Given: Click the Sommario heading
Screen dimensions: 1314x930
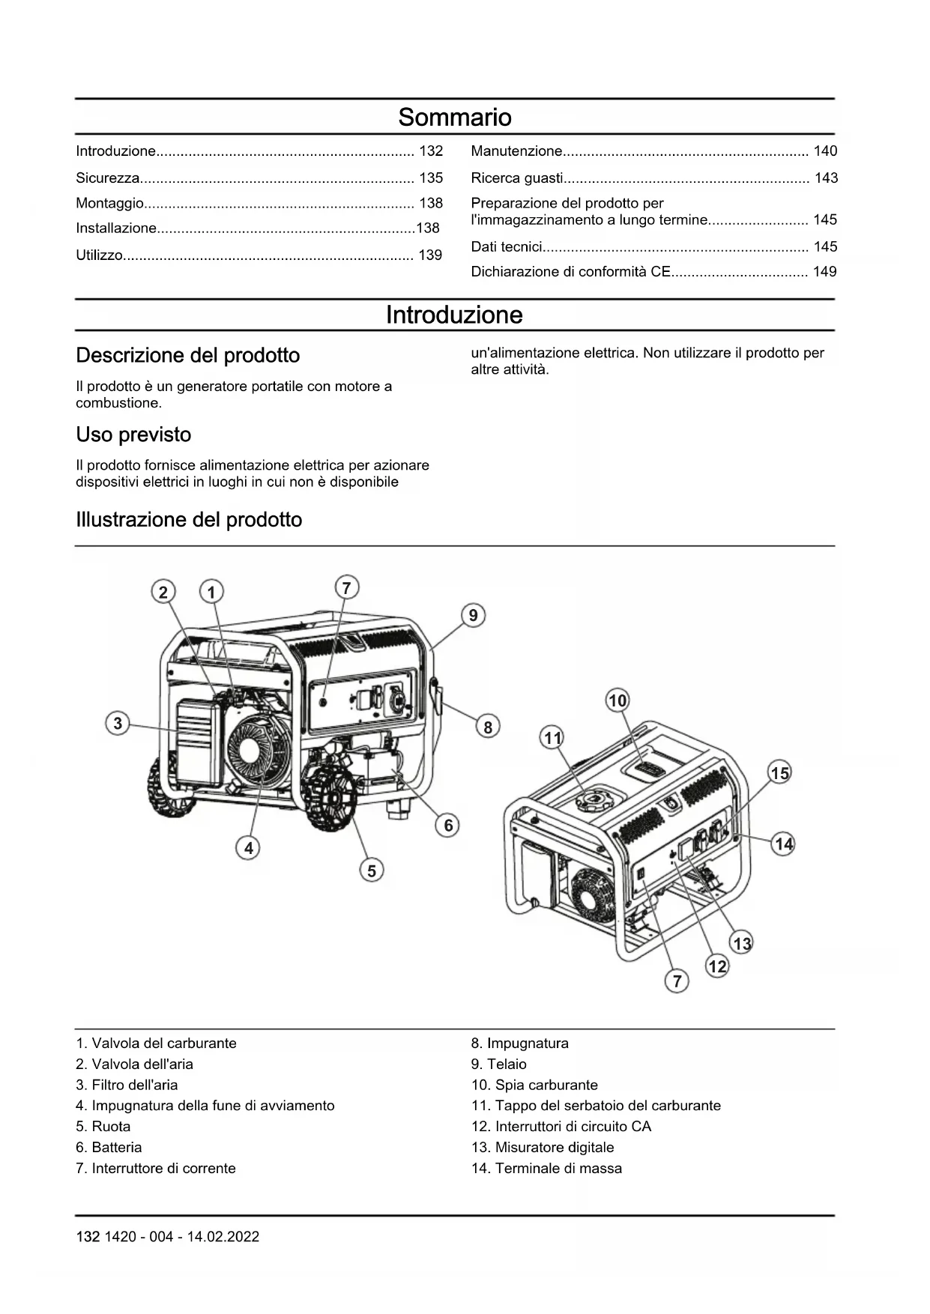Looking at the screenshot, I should [x=454, y=117].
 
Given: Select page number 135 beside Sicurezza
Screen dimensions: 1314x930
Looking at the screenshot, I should [x=431, y=178].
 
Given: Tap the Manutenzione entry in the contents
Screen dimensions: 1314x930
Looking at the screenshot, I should [x=516, y=151].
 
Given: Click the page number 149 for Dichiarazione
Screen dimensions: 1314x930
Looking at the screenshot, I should [x=824, y=271].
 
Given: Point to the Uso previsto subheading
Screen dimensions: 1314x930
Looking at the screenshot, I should [x=133, y=435].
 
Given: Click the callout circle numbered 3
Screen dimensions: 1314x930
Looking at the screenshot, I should [x=118, y=724].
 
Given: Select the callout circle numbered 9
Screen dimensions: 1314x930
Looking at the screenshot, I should [x=473, y=616].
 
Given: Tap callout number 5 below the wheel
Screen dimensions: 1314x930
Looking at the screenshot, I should [x=372, y=871].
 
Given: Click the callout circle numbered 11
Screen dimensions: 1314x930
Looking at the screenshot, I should [x=552, y=738].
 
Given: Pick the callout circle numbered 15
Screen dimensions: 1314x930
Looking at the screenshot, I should [x=780, y=773].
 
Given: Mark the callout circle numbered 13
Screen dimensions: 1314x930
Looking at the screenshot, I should [x=742, y=943].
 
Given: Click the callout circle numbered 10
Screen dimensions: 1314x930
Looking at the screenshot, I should [x=618, y=700].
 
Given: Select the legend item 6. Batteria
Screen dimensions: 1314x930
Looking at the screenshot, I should [x=109, y=1147].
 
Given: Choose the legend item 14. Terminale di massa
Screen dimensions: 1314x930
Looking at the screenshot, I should [x=546, y=1168].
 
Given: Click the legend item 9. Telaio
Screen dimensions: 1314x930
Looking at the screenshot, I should [x=498, y=1064].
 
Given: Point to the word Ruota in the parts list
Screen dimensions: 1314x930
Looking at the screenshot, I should [x=111, y=1126].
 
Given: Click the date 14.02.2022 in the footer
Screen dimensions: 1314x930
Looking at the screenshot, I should [x=223, y=1237].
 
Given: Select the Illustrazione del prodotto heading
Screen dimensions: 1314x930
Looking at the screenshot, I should [x=189, y=520].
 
